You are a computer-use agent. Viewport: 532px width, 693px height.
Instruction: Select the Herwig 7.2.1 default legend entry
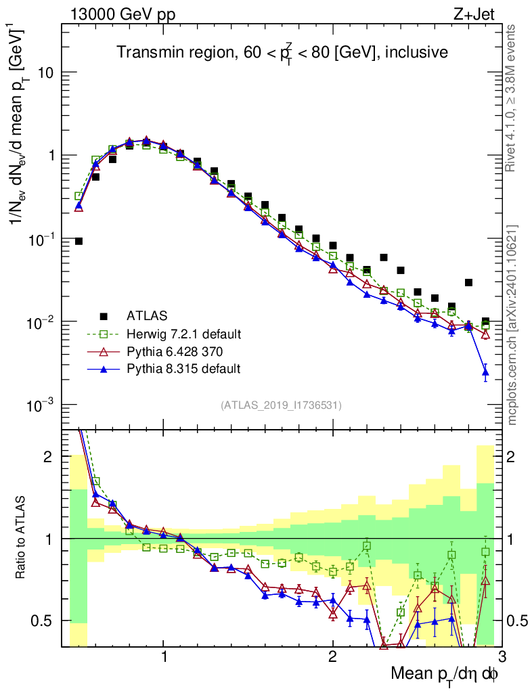(183, 334)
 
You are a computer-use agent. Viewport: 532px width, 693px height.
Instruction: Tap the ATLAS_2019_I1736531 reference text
(281, 405)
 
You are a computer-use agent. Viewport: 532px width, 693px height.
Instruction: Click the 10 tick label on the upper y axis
(45, 72)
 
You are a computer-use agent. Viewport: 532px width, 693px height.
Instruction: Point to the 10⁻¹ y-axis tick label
(41, 239)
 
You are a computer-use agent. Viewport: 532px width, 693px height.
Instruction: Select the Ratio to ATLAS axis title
(21, 538)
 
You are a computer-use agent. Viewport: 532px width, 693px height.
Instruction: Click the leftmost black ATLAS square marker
(79, 241)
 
